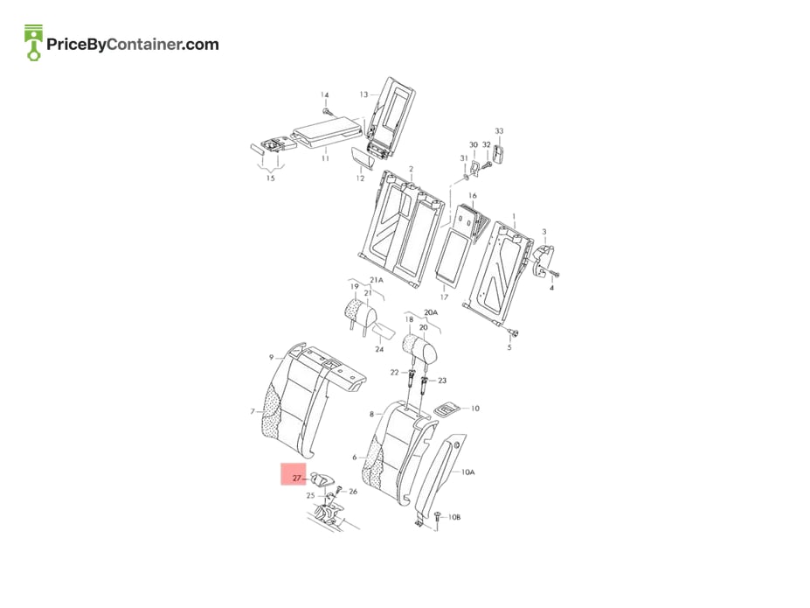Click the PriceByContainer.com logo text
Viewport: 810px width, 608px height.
point(133,45)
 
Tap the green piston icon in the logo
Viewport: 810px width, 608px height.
point(33,42)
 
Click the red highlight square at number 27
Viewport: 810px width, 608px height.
point(294,474)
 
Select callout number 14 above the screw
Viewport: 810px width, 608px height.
point(324,95)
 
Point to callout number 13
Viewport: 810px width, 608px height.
point(363,94)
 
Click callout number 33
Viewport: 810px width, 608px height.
point(499,131)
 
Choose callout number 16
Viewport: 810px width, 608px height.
point(472,195)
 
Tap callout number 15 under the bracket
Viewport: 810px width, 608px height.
point(270,178)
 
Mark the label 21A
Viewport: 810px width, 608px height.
point(377,280)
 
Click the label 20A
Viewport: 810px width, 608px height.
point(430,313)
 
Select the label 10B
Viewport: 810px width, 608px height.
point(454,517)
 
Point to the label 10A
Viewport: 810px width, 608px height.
point(467,472)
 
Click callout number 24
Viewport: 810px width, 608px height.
point(379,350)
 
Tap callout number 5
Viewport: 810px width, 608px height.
point(509,347)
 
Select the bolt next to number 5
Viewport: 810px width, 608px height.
point(515,332)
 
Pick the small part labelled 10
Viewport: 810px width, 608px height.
point(447,409)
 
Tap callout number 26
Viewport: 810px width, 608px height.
point(353,492)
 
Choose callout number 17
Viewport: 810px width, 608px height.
point(444,297)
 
